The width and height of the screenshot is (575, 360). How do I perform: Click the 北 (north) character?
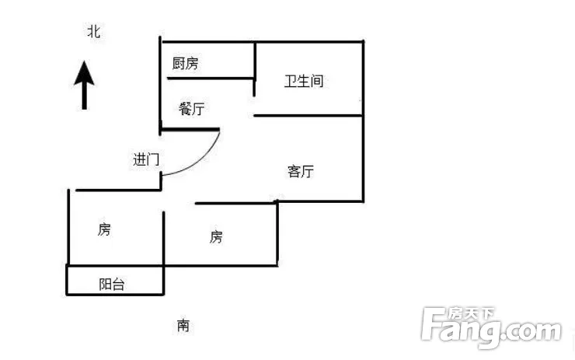tap(94, 31)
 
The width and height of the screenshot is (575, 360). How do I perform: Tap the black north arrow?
tap(84, 85)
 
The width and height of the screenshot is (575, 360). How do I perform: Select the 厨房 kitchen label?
tap(186, 64)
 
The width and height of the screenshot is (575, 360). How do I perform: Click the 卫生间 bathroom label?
tap(304, 81)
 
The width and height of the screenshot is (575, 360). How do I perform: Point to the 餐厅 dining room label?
tap(191, 109)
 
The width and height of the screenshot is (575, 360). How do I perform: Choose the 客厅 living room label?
tap(301, 171)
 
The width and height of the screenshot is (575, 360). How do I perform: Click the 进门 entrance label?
tap(146, 159)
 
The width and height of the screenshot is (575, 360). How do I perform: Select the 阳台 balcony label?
tap(112, 285)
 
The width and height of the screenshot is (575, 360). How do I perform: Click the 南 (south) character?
tap(183, 326)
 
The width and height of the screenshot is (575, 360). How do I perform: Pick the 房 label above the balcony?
tap(104, 229)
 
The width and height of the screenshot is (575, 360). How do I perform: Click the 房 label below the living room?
tap(216, 236)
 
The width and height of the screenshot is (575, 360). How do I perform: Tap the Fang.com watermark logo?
tap(491, 327)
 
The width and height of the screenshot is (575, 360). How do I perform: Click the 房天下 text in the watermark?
tap(471, 313)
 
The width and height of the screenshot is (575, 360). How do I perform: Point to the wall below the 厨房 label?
tap(210, 79)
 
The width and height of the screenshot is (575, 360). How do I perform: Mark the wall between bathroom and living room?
tap(308, 116)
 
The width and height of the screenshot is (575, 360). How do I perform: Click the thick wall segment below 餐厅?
tap(190, 129)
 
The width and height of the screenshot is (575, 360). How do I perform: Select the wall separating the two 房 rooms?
tap(163, 238)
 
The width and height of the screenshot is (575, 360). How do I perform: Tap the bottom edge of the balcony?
tap(115, 295)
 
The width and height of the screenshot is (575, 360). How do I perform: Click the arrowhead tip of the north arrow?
tap(84, 61)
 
